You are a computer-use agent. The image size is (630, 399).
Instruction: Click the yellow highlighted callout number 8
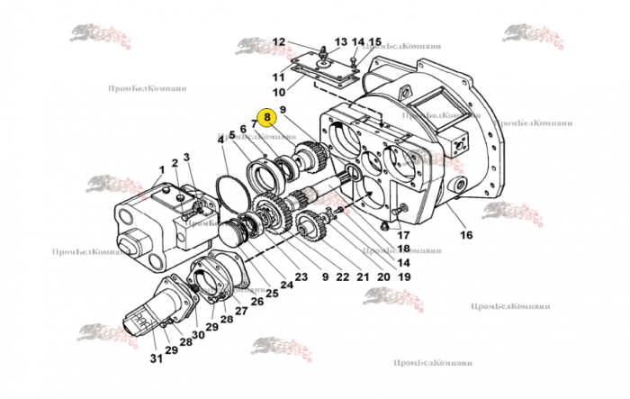click(x=266, y=117)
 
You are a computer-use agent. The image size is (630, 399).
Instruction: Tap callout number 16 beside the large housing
click(x=465, y=236)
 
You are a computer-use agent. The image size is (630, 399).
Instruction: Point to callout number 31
click(x=155, y=360)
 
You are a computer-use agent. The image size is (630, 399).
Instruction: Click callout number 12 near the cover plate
click(x=278, y=42)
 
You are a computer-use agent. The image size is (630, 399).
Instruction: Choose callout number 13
click(x=341, y=42)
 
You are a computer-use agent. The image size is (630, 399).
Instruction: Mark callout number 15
click(x=374, y=42)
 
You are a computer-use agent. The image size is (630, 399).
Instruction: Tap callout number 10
click(x=278, y=91)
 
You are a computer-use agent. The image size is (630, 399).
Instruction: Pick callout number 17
click(x=402, y=236)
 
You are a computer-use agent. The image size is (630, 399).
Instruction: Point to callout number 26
click(x=257, y=301)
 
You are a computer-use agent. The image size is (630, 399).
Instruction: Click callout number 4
click(x=220, y=139)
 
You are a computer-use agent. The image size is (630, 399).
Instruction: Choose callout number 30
click(x=197, y=336)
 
